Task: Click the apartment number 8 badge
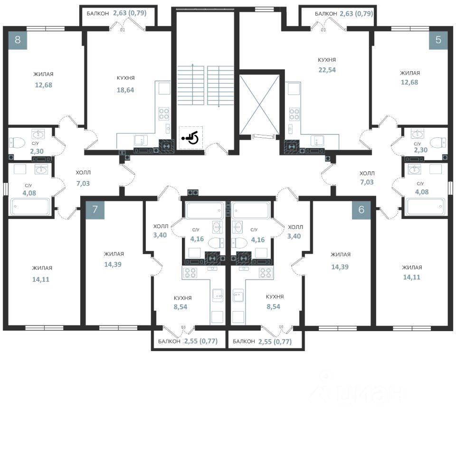[18, 40]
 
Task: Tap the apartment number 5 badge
[438, 40]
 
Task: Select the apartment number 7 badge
[95, 209]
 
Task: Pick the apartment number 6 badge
[361, 209]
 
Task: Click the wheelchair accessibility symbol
[190, 138]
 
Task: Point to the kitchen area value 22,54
[327, 70]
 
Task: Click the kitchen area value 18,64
[125, 90]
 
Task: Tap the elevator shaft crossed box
[259, 104]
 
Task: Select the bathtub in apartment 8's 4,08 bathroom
[31, 206]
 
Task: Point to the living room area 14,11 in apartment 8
[41, 279]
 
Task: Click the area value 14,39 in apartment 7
[113, 265]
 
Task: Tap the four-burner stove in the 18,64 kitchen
[164, 114]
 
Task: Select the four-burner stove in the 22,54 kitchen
[294, 114]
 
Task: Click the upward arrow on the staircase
[192, 84]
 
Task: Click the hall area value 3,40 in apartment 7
[160, 235]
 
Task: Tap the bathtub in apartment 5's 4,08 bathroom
[426, 206]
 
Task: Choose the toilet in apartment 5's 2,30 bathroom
[438, 143]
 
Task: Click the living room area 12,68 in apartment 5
[409, 82]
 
